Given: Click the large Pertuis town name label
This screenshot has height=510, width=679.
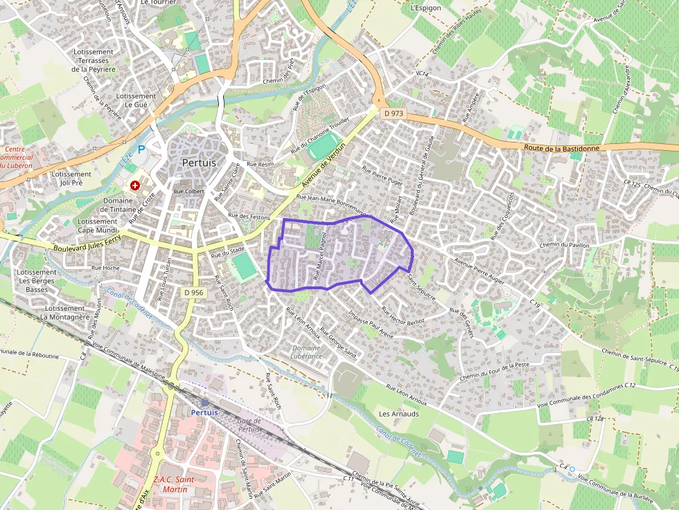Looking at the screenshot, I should [198, 163].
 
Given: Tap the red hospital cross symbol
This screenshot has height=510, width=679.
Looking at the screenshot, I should [135, 186].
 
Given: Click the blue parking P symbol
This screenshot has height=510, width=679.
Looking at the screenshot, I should [141, 149].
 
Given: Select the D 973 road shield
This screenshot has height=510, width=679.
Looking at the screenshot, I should [393, 113].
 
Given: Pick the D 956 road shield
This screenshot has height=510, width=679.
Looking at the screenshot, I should [194, 293].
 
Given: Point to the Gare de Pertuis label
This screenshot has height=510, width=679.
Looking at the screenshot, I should [248, 425].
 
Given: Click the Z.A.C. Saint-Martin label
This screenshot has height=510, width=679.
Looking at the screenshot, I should [173, 484].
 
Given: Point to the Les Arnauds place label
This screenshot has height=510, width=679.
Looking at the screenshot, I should [399, 413].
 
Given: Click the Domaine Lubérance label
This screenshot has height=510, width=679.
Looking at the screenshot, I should [308, 352].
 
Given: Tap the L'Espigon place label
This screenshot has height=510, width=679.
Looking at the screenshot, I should [425, 8].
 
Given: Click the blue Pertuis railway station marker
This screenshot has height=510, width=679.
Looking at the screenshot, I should [204, 402].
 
